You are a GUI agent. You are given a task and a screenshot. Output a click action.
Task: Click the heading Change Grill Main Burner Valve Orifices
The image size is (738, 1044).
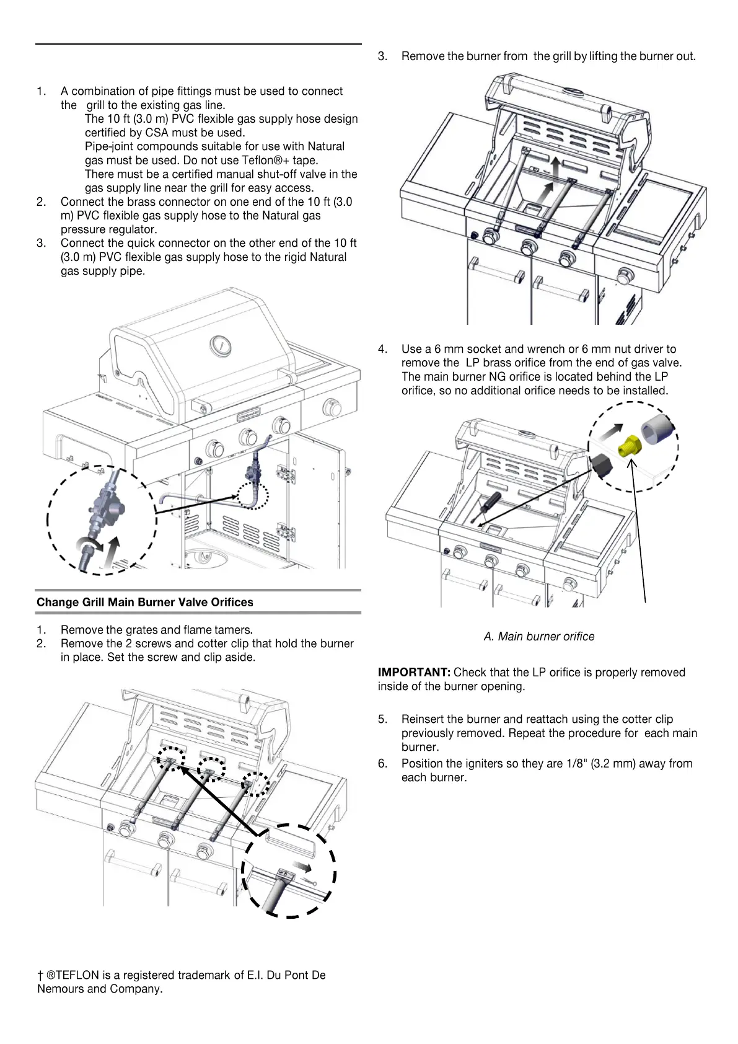144,602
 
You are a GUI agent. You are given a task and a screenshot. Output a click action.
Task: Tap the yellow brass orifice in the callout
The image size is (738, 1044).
630,445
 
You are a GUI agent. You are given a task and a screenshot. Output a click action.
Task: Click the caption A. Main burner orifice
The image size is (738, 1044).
538,637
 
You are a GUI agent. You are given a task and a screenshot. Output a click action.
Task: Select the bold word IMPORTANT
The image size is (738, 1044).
414,673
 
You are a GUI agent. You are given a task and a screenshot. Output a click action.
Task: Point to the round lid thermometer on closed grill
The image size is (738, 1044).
220,345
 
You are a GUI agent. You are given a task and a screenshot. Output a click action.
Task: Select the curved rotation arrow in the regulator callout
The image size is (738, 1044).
89,546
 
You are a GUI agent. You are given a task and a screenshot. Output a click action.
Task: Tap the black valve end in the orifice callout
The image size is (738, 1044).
601,466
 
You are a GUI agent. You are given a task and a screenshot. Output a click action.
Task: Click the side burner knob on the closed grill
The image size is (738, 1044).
332,408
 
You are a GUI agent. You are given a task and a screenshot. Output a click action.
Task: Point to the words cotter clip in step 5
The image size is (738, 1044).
648,719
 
